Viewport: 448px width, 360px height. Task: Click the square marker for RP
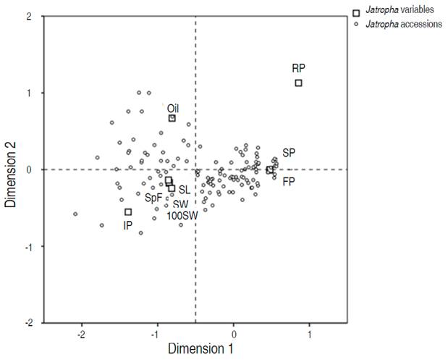coord(298,83)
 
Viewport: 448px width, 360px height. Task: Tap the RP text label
coord(298,68)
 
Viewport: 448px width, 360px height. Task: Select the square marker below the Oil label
coord(172,118)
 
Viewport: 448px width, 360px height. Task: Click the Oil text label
coord(173,107)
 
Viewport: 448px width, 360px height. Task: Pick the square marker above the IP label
coord(128,212)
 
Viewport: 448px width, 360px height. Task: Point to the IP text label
coord(127,225)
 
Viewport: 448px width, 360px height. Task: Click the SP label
coord(289,153)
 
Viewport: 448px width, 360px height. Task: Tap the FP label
coord(289,181)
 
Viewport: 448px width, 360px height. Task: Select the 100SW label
coord(182,216)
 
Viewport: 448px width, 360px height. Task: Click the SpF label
coord(153,197)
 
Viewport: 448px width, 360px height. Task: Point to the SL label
coord(185,190)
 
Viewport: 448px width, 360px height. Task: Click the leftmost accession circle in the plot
coord(75,214)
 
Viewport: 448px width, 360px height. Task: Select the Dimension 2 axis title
coord(12,170)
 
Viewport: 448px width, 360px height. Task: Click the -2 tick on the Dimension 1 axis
coord(81,335)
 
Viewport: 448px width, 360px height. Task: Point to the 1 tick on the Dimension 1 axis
coord(310,335)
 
